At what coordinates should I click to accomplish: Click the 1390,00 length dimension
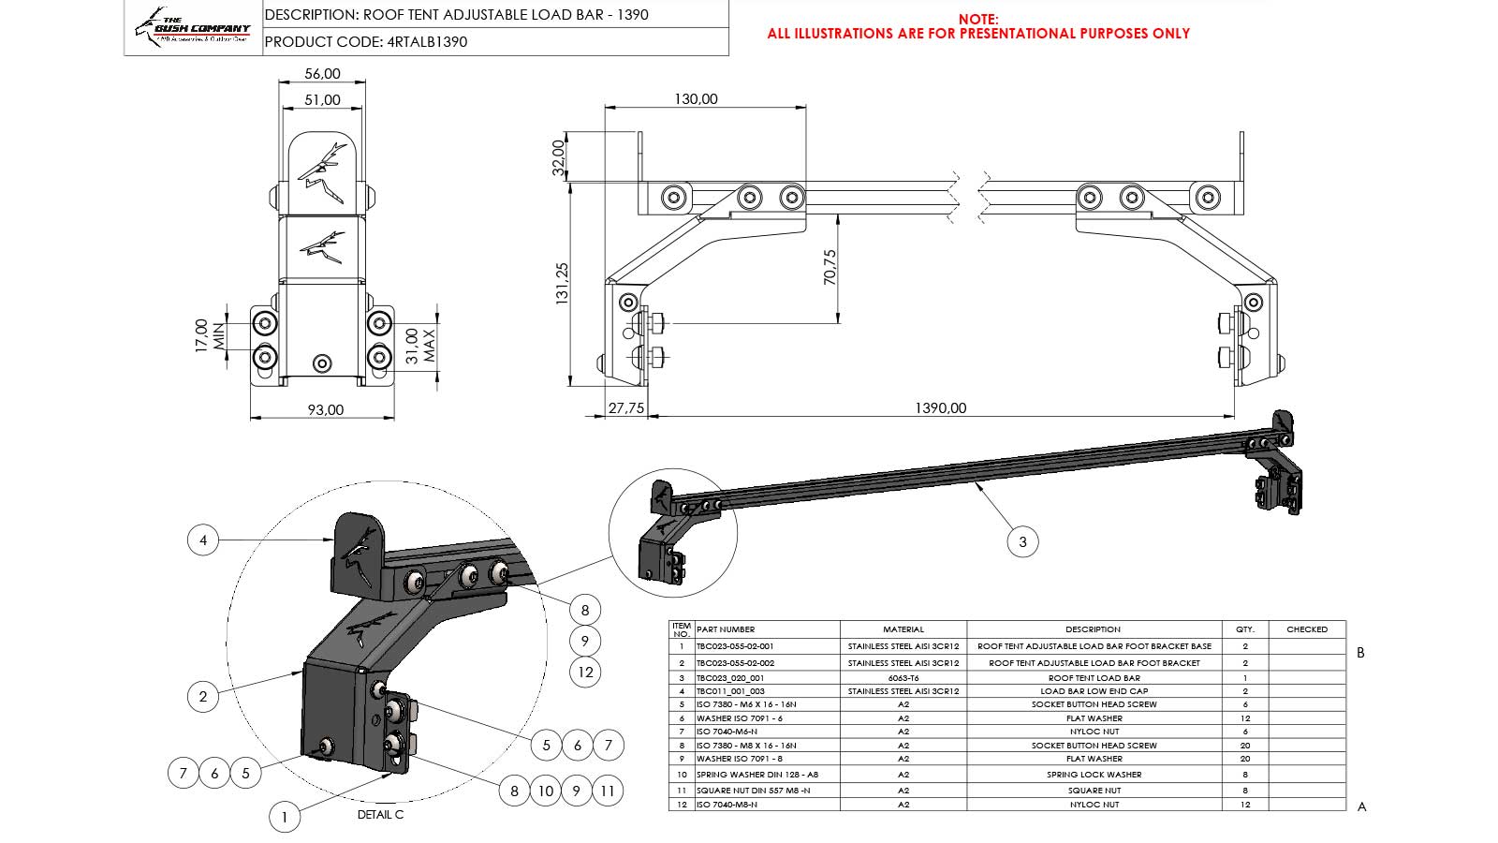pos(940,407)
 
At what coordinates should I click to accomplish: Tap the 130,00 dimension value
pos(696,98)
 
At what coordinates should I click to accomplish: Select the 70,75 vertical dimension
pos(830,267)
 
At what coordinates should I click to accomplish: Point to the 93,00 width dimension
pos(325,409)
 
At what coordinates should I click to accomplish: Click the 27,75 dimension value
pos(626,407)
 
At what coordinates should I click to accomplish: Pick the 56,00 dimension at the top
pos(322,73)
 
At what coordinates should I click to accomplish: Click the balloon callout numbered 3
pos(1022,541)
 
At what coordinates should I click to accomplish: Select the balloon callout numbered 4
pos(203,540)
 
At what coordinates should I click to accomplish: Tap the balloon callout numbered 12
pos(585,672)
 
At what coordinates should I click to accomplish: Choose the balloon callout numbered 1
pos(285,817)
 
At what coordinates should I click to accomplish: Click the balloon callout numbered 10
pos(545,791)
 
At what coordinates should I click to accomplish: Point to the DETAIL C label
pos(380,815)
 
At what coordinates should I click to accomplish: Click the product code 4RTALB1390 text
pos(426,41)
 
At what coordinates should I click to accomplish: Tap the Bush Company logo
pos(193,28)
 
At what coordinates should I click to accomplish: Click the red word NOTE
pos(978,19)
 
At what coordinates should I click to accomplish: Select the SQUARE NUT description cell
pos(1094,791)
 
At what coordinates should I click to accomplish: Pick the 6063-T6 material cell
pos(903,677)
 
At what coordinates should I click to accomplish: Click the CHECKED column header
pos(1307,629)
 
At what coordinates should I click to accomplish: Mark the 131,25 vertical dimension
pos(562,283)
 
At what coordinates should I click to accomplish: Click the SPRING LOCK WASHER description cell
pos(1094,775)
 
